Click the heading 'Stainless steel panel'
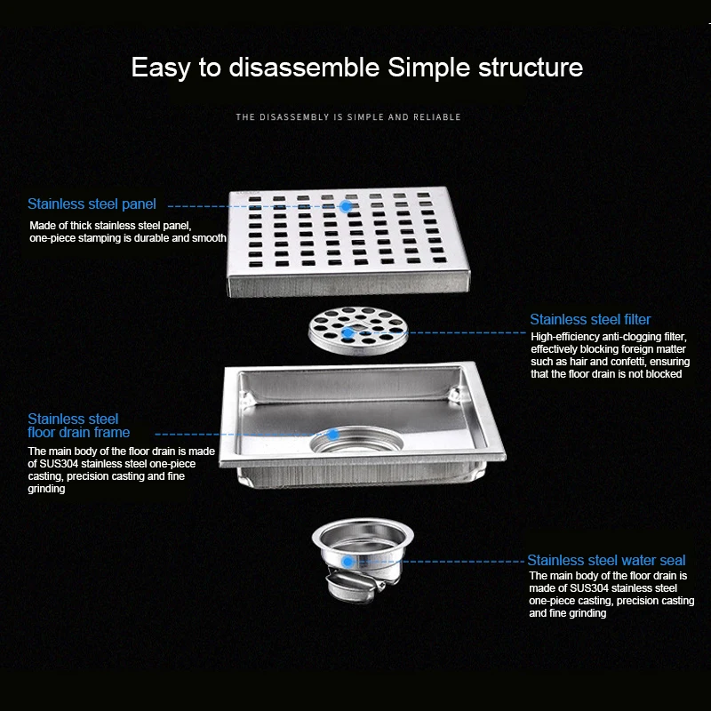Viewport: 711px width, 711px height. point(92,204)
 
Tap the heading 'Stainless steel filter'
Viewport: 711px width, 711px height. point(590,320)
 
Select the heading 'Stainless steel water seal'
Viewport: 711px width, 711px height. point(606,561)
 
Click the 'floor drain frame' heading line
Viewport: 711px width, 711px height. point(78,433)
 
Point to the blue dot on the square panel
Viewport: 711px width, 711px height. point(346,206)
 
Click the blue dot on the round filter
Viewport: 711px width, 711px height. point(348,333)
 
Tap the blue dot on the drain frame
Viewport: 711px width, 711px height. point(333,435)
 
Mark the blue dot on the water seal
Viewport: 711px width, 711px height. point(348,562)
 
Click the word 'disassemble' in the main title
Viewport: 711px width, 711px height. point(304,68)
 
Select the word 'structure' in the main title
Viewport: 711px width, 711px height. point(531,68)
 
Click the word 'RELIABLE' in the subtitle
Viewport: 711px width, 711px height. point(437,117)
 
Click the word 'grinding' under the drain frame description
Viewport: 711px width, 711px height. point(46,490)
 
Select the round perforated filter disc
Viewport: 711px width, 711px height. point(358,330)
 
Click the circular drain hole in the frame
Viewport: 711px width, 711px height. point(356,440)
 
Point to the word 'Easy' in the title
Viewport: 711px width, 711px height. point(161,68)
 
